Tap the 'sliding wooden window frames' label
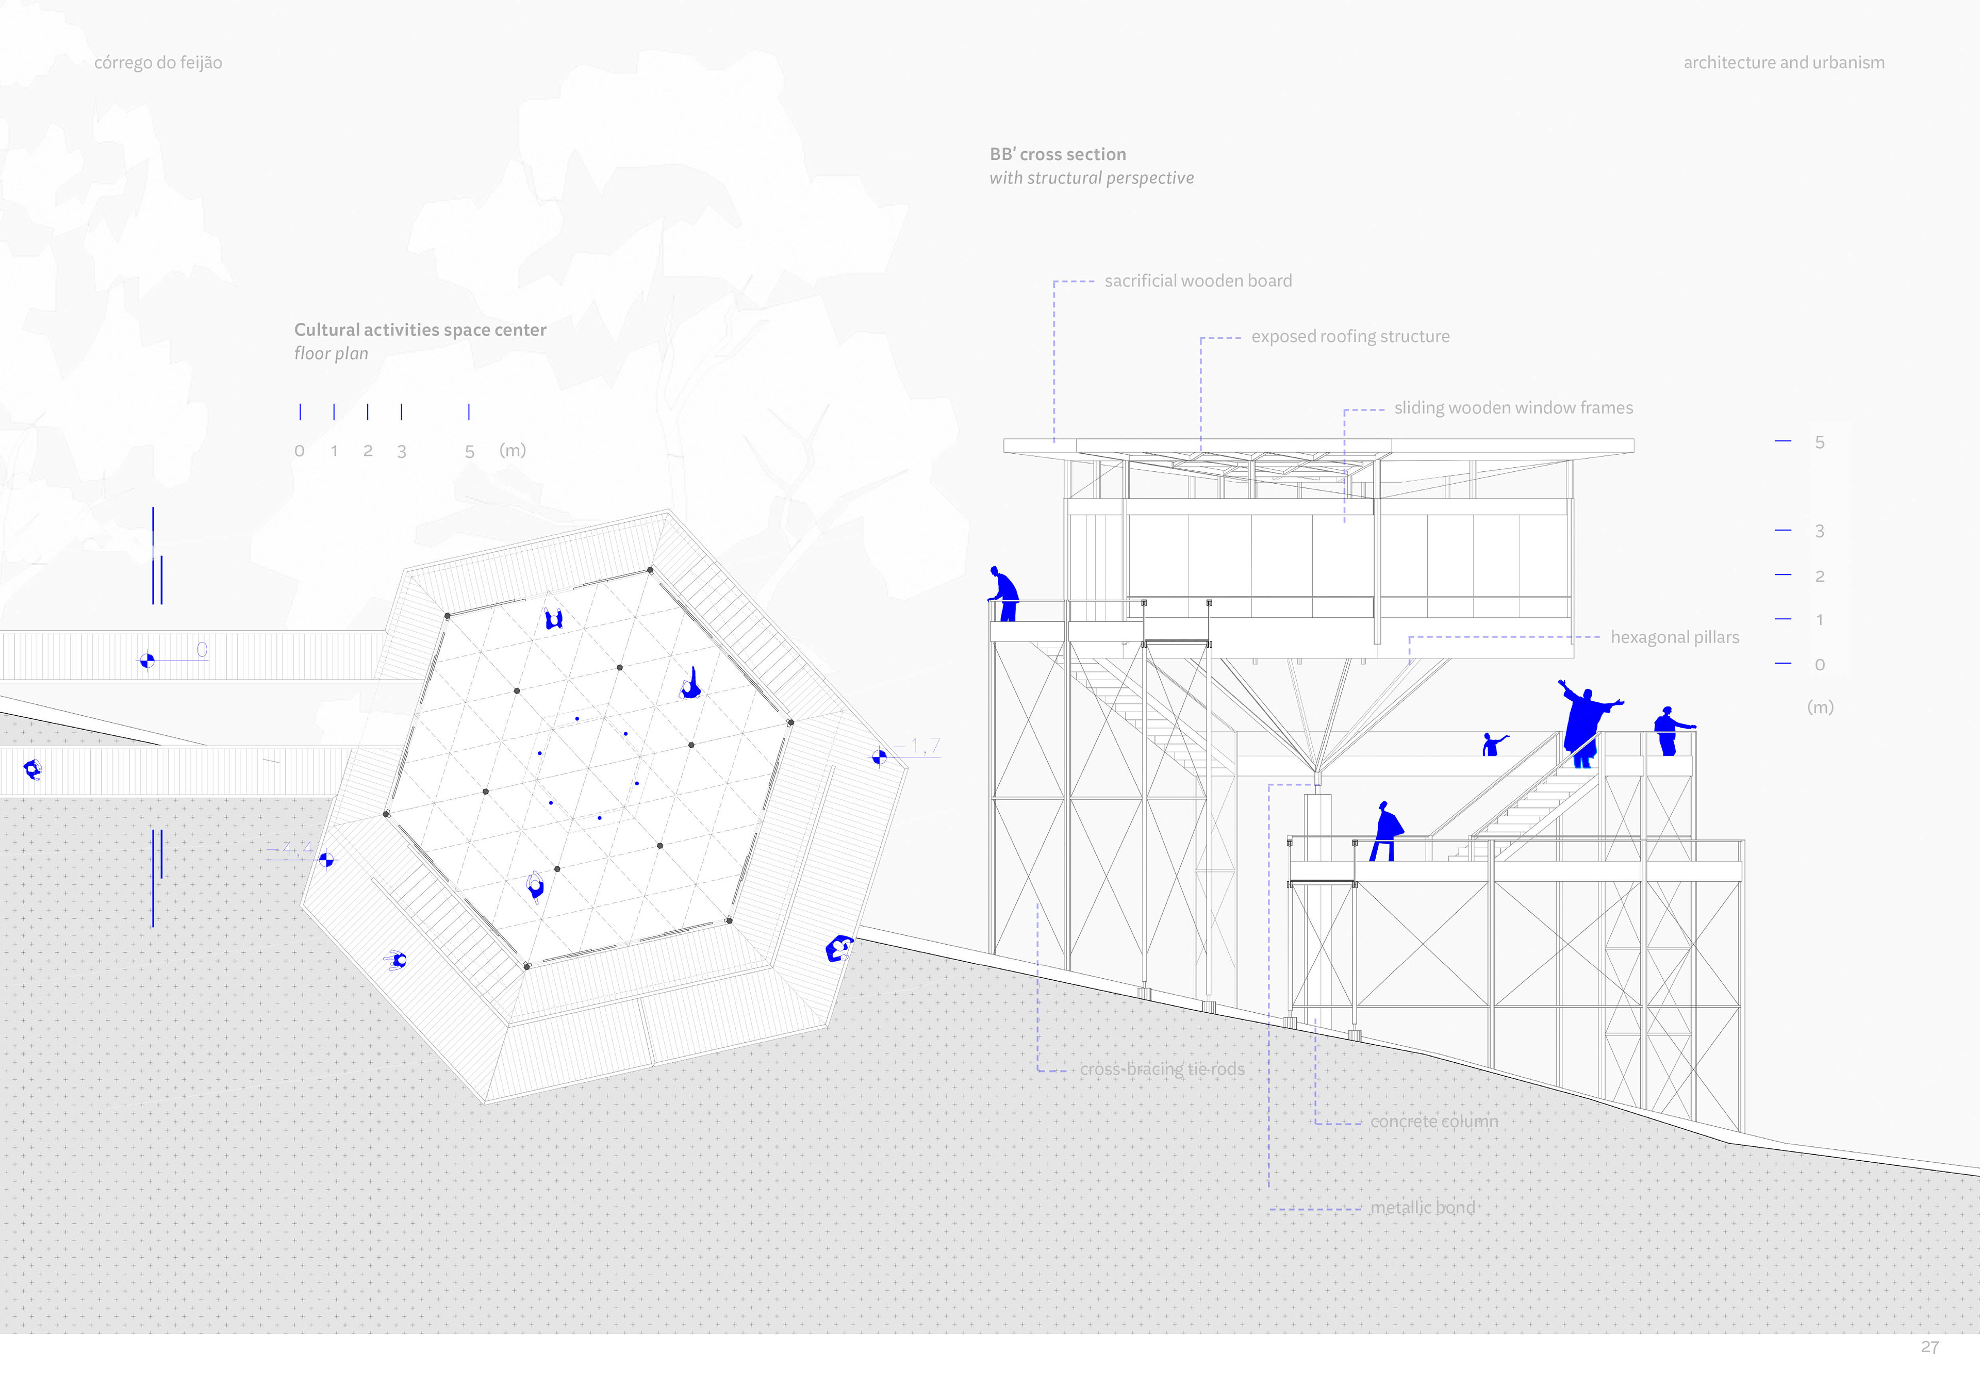click(1513, 408)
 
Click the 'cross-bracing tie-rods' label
click(1162, 1069)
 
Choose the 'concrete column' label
click(1433, 1122)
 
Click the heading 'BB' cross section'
click(1057, 154)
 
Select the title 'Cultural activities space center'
click(420, 330)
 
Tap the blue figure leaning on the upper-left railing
click(1004, 594)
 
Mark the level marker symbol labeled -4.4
click(326, 859)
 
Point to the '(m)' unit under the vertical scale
click(1820, 707)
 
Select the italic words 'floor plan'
click(331, 354)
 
